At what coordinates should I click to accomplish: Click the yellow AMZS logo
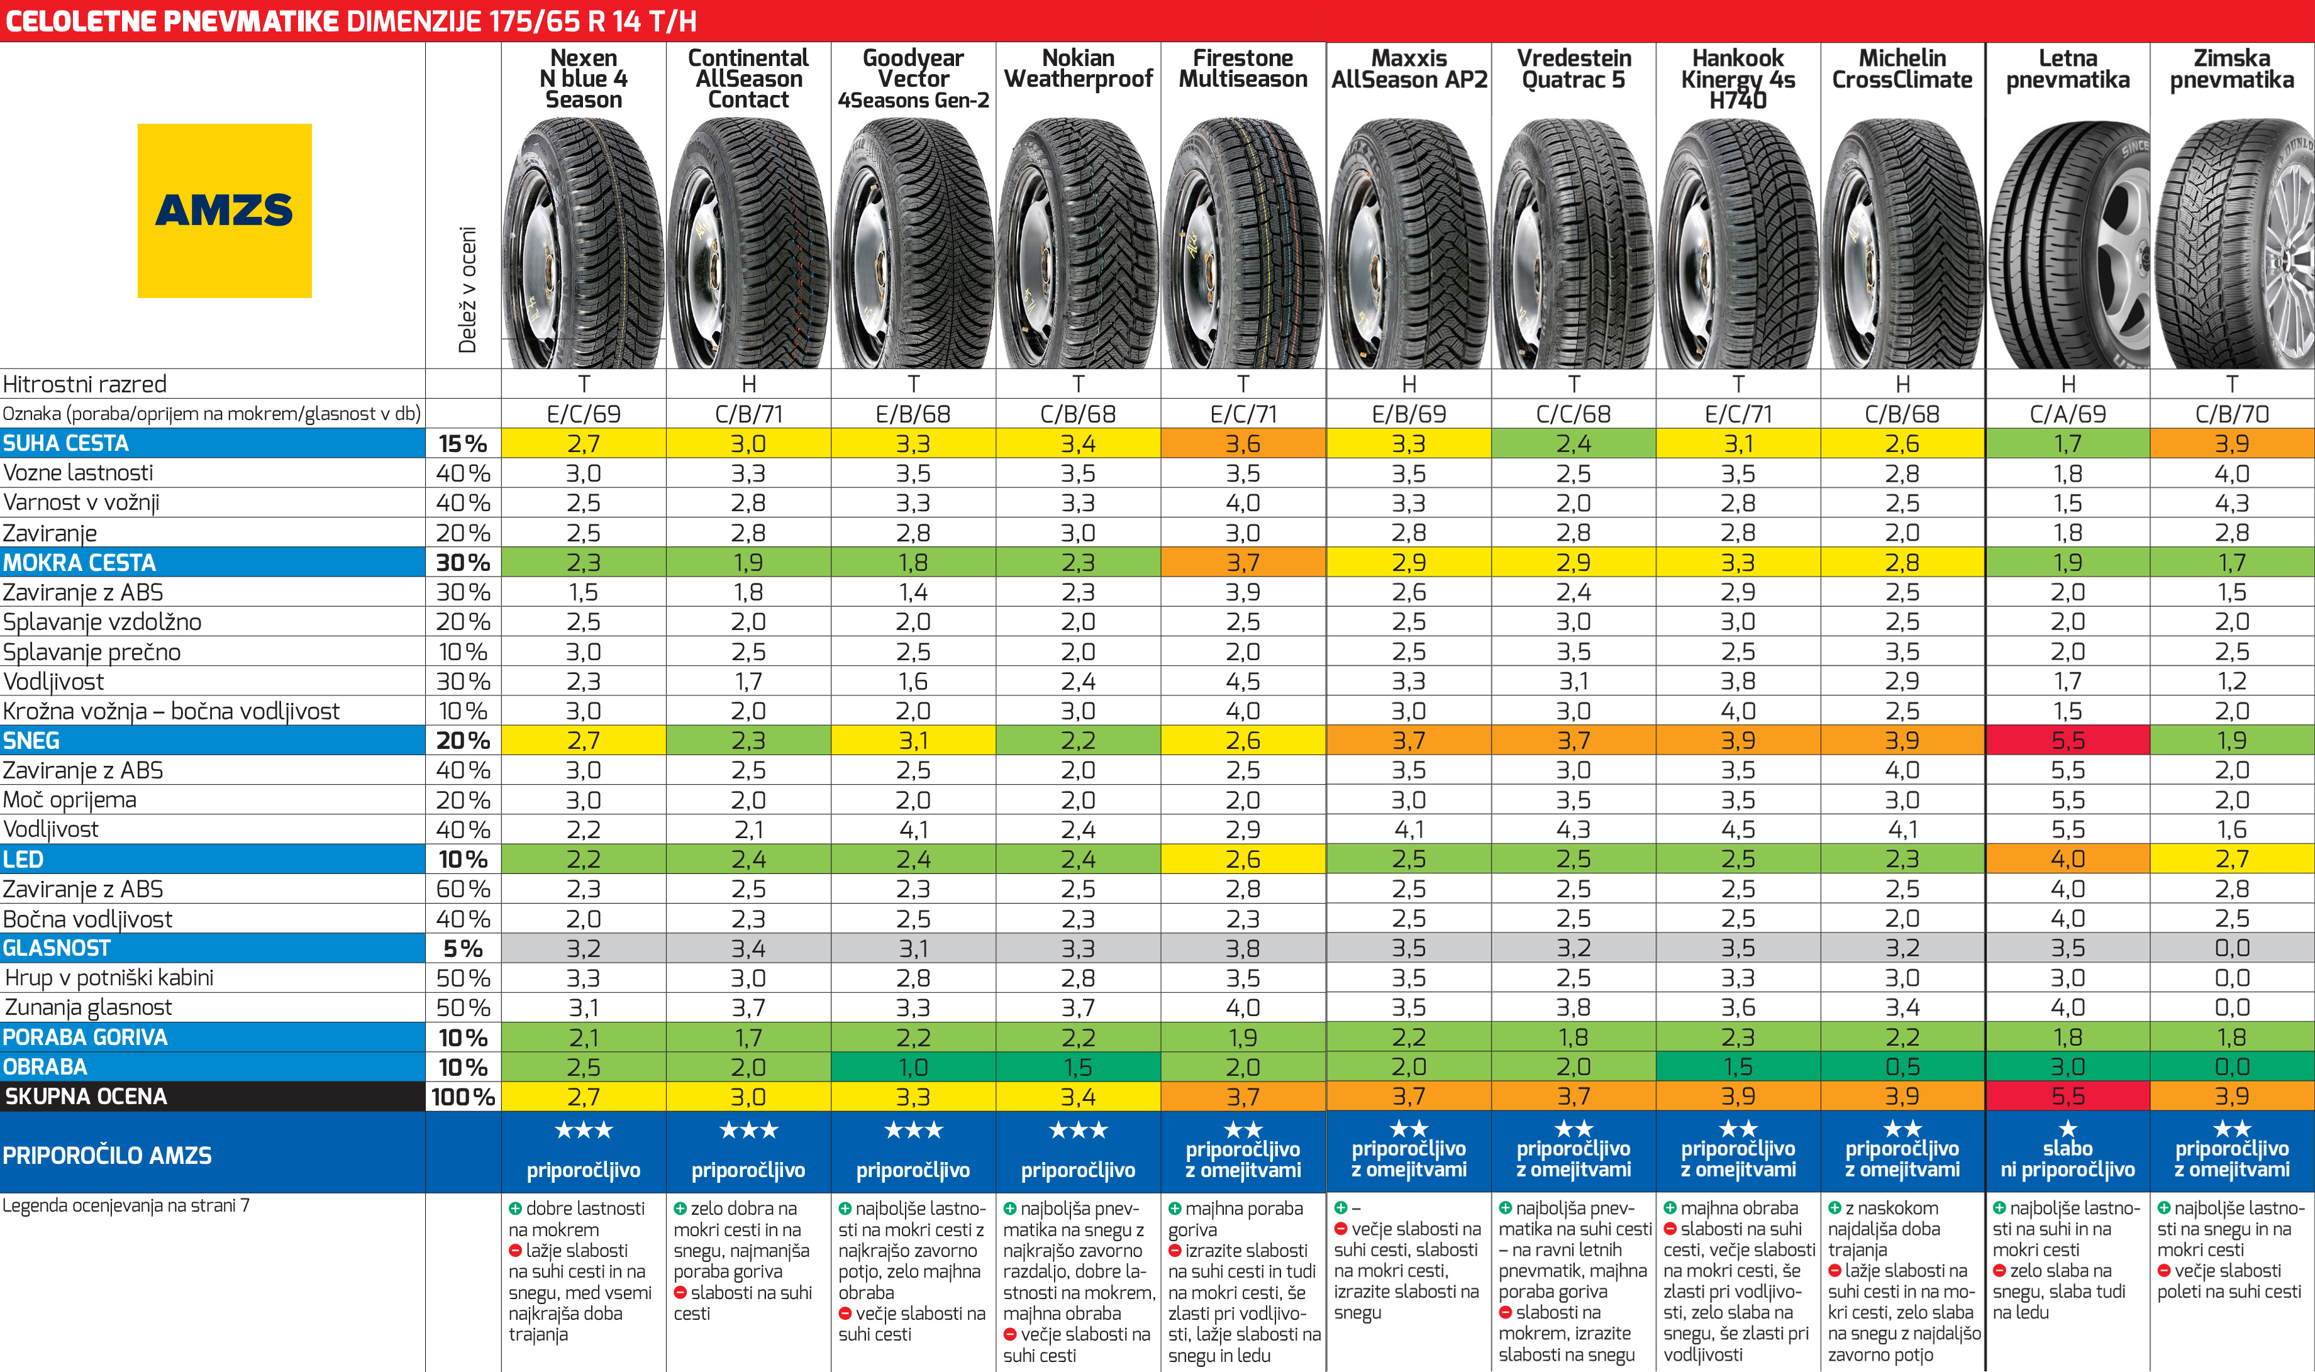coord(224,211)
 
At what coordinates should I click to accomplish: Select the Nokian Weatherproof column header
coord(1078,69)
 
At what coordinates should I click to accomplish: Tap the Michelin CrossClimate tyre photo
coord(1902,245)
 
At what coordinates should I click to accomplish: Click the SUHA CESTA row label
coord(67,444)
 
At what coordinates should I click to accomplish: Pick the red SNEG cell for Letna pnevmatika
coord(2067,741)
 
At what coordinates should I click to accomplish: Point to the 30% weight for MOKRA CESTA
coord(462,562)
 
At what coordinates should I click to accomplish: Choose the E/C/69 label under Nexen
coord(584,414)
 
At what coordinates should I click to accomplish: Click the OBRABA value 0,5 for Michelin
coord(1902,1067)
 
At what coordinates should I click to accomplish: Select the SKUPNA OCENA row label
coord(87,1097)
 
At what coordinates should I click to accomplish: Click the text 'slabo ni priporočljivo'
coord(2067,1159)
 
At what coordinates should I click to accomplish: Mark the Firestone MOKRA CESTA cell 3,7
coord(1243,562)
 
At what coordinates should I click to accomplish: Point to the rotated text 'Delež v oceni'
coord(468,289)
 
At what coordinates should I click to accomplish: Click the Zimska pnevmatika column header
coord(2232,69)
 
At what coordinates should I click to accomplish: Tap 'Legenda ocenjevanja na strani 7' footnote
coord(126,1205)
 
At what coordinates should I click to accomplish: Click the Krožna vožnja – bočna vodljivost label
coord(171,711)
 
